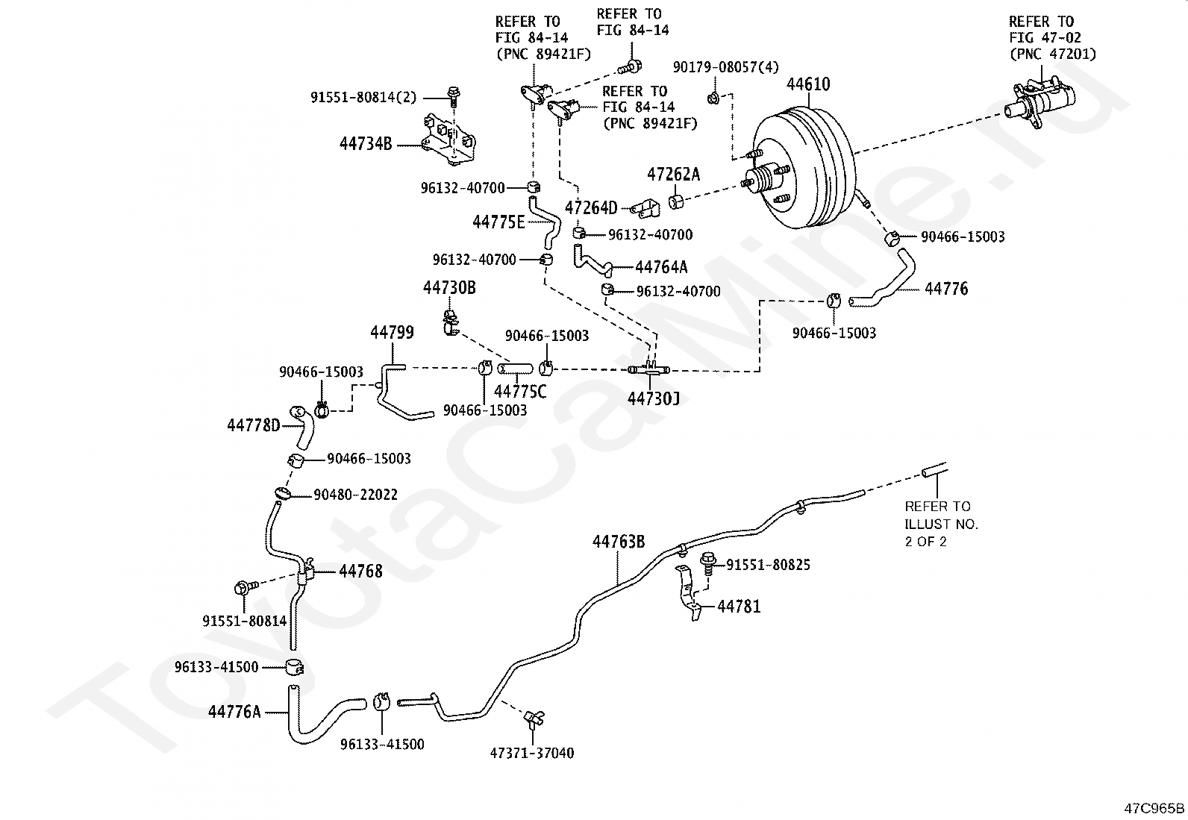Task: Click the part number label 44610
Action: [807, 84]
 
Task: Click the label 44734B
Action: [365, 144]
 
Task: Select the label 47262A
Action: [673, 175]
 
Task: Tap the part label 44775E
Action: [498, 221]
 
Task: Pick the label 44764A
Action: [661, 267]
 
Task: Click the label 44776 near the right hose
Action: [945, 289]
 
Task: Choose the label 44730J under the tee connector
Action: [653, 398]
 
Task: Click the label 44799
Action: [392, 332]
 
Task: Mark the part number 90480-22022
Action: [355, 495]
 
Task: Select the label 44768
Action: [360, 572]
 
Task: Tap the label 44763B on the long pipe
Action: [619, 542]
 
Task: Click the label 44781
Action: [739, 607]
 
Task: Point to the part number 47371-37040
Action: [532, 753]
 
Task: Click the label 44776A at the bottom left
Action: [234, 712]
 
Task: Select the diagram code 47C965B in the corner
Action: [1154, 808]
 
